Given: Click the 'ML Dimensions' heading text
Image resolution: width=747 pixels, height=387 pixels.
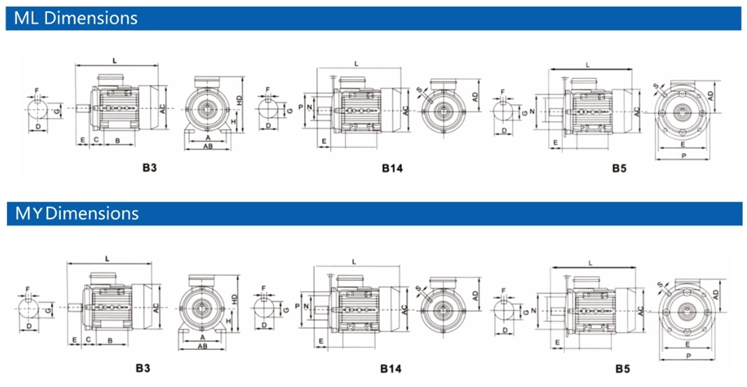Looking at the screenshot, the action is pos(76,18).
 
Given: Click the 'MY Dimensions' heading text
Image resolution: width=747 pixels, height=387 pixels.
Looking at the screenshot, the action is pos(77,213).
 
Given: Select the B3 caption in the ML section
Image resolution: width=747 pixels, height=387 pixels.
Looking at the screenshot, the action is pos(150,168).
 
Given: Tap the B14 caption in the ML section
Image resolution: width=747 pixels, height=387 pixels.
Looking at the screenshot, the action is pos(392,168).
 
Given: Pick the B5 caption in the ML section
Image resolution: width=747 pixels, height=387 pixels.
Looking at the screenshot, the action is pos(619,168).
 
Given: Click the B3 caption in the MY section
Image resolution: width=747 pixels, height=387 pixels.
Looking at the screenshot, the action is pos(143,368).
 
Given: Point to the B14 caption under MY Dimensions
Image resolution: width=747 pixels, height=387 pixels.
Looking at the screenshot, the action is pos(391,368).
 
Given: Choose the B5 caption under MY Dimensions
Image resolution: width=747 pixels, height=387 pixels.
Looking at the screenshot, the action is pos(622,368).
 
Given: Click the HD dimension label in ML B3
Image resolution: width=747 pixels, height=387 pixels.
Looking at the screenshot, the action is pos(239,101).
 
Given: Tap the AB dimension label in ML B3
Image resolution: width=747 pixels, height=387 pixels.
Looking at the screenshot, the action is pos(208,146).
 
